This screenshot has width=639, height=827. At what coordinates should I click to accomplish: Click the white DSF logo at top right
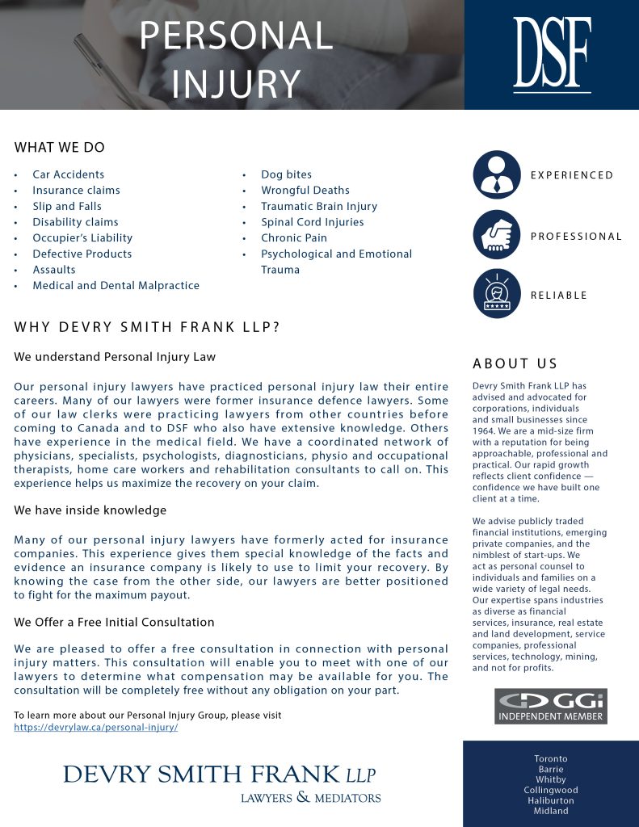pyautogui.click(x=552, y=53)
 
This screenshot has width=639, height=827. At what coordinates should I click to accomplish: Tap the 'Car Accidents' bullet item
pyautogui.click(x=68, y=174)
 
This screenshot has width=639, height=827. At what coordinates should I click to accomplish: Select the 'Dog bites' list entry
pyautogui.click(x=286, y=174)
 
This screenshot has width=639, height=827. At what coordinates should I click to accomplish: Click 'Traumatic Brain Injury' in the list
pyautogui.click(x=318, y=206)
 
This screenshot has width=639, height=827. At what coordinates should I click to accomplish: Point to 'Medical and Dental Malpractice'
pyautogui.click(x=116, y=285)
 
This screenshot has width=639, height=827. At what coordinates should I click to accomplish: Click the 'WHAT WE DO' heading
pyautogui.click(x=60, y=148)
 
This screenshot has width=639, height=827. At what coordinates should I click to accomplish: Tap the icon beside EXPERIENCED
pyautogui.click(x=497, y=175)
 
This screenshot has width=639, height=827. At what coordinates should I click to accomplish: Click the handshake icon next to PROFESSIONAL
pyautogui.click(x=497, y=236)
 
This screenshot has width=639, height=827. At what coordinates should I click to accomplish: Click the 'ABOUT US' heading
pyautogui.click(x=515, y=363)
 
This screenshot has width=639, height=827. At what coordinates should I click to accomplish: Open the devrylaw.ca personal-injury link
pyautogui.click(x=96, y=727)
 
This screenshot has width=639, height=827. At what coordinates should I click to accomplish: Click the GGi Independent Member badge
pyautogui.click(x=550, y=706)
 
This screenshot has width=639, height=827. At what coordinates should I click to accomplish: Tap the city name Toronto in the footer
pyautogui.click(x=551, y=759)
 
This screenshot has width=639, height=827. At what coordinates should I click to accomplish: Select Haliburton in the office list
pyautogui.click(x=551, y=800)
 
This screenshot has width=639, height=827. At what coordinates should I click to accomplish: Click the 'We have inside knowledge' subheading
pyautogui.click(x=90, y=510)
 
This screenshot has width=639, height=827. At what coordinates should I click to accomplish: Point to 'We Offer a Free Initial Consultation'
pyautogui.click(x=114, y=622)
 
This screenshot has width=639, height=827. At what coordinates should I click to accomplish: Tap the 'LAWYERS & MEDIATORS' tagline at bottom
pyautogui.click(x=310, y=798)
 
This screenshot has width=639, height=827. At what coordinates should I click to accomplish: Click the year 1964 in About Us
pyautogui.click(x=484, y=431)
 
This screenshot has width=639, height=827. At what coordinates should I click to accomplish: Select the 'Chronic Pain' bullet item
pyautogui.click(x=293, y=238)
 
